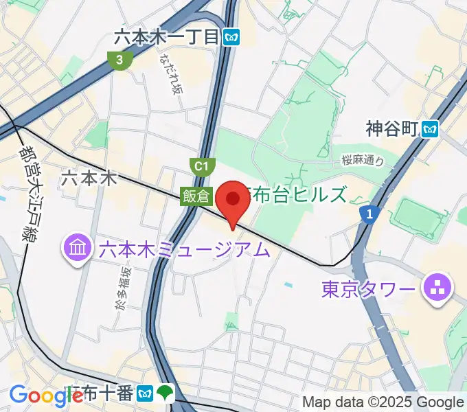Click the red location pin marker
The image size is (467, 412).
tap(233, 200)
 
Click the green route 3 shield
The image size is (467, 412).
tap(120, 60)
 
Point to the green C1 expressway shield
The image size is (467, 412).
tap(200, 165)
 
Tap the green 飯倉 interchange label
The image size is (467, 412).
tap(196, 196)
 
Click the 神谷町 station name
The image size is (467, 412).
tap(392, 128)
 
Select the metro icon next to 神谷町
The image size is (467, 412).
tap(431, 128)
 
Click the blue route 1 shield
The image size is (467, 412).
tap(369, 216)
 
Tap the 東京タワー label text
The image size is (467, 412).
tap(369, 289)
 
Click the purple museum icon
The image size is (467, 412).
tap(78, 247)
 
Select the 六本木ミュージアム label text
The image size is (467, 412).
tap(184, 249)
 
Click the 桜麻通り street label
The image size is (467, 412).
tap(362, 161)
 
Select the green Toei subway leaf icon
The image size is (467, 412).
tap(165, 393)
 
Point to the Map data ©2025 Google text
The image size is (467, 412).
tap(383, 402)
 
